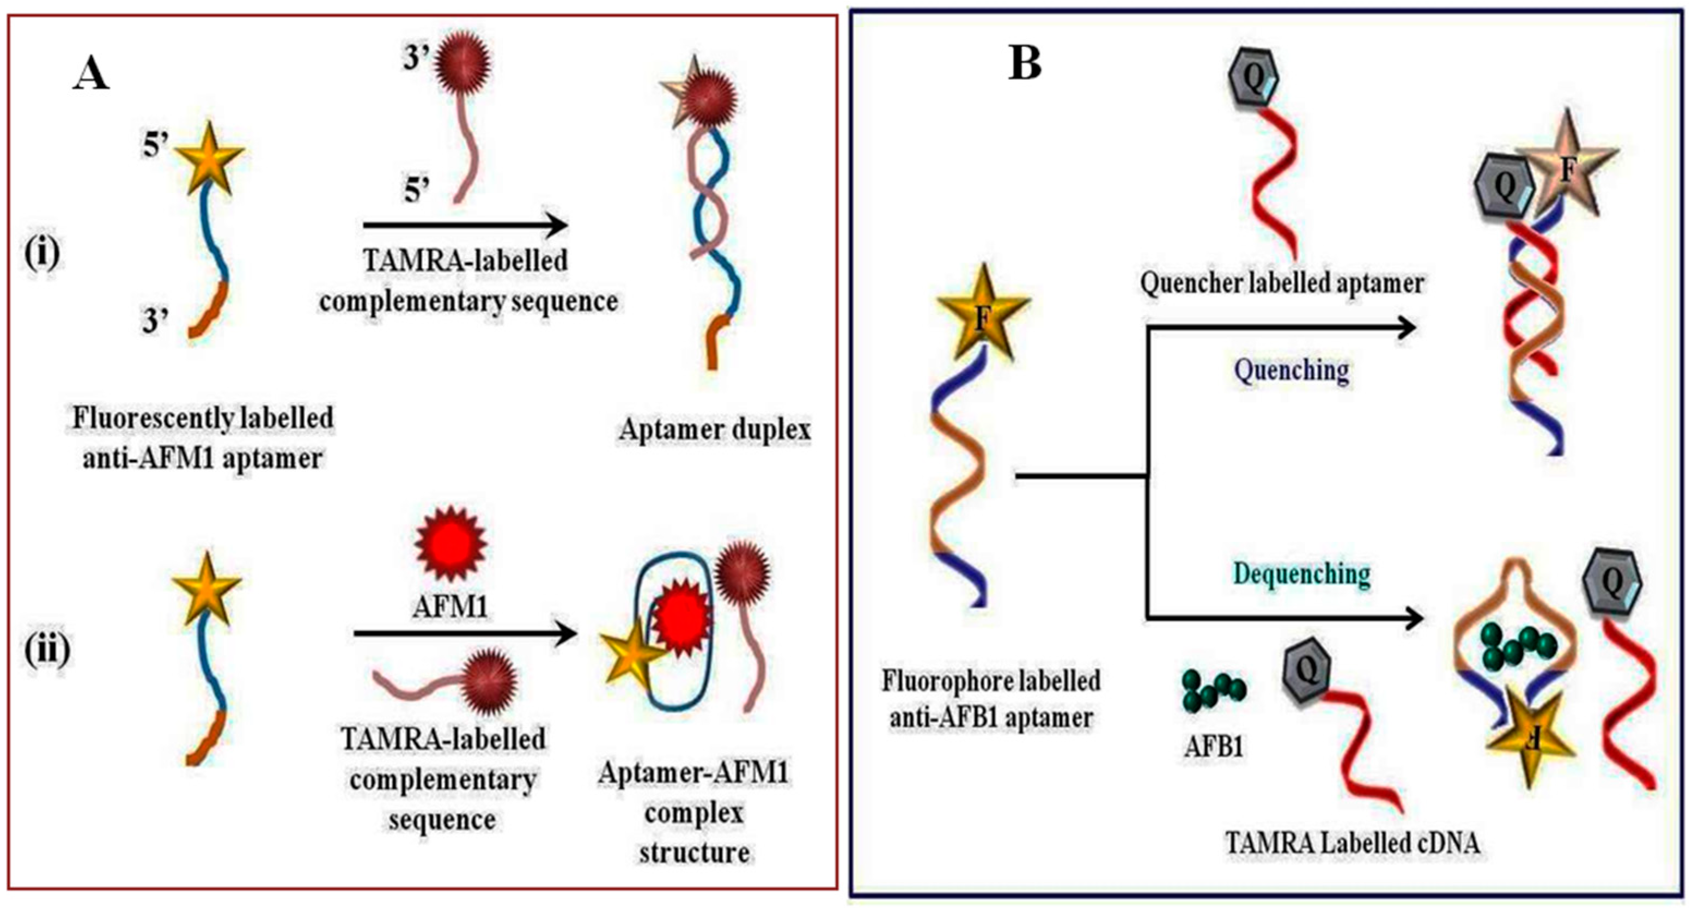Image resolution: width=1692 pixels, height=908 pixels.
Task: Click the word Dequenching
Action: [x=1302, y=575]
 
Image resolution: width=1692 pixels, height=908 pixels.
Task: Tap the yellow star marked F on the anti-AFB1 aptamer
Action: [x=983, y=314]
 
